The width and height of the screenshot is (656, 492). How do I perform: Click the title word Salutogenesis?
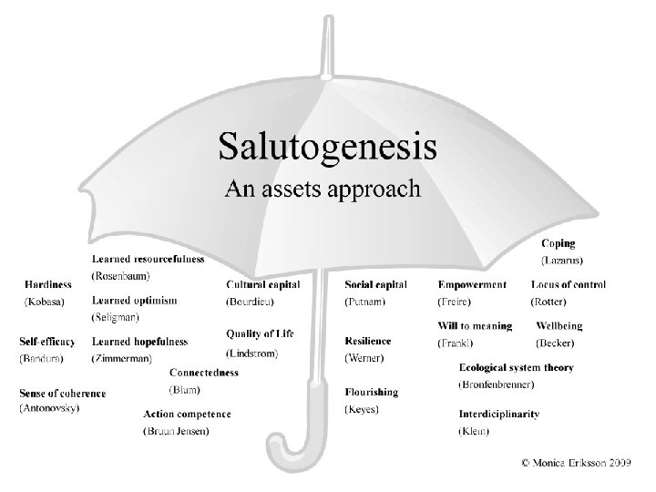pyautogui.click(x=327, y=147)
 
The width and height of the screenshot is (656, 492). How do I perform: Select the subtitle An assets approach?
pyautogui.click(x=323, y=190)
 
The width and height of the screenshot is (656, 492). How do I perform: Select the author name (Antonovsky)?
pyautogui.click(x=49, y=407)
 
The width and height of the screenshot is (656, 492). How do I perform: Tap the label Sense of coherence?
pyautogui.click(x=62, y=394)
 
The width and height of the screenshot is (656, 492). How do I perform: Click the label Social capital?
pyautogui.click(x=375, y=285)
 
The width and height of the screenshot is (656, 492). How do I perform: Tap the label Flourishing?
pyautogui.click(x=372, y=393)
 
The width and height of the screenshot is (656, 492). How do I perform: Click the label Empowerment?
pyautogui.click(x=472, y=285)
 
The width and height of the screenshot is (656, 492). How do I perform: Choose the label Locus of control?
pyautogui.click(x=568, y=285)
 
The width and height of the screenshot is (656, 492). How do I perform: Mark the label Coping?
pyautogui.click(x=559, y=243)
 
